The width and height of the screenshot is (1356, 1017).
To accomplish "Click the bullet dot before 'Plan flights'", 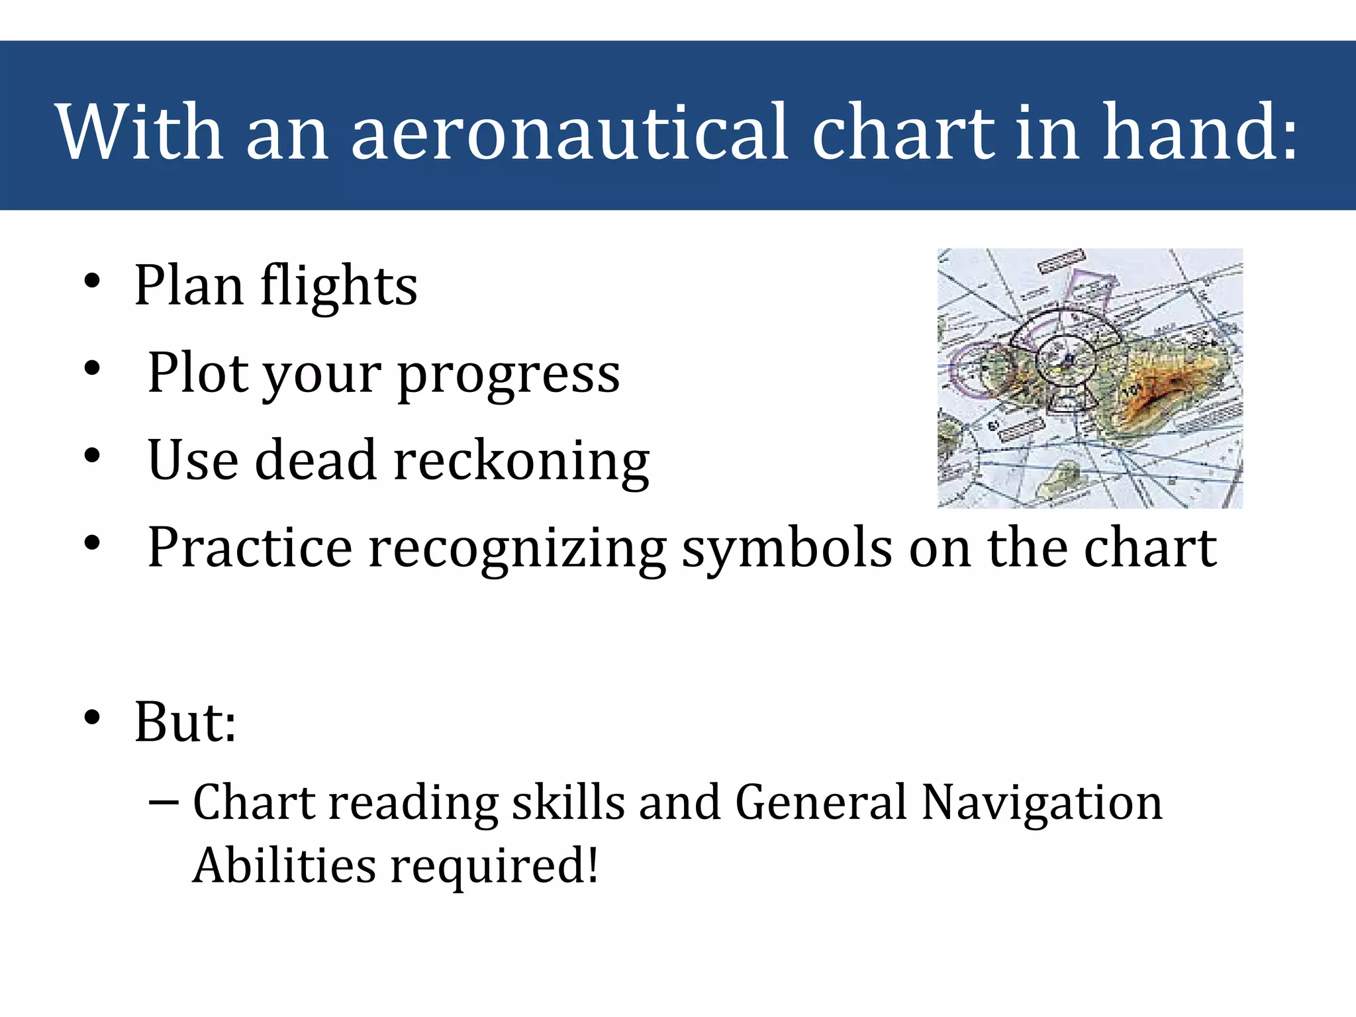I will click(92, 281).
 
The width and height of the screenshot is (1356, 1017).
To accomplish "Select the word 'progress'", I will click(508, 375).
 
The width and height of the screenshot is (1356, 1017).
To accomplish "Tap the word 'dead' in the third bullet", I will click(316, 460).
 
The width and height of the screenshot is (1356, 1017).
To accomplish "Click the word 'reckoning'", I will click(522, 462).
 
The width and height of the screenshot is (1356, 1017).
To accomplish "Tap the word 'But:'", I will click(185, 722).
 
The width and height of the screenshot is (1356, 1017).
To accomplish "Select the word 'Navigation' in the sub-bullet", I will click(1041, 802).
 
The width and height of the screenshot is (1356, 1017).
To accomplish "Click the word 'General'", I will click(820, 802).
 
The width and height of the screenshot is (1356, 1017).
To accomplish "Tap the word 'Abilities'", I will click(284, 865).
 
